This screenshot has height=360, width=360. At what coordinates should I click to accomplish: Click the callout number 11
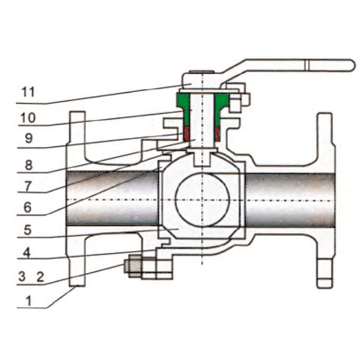[x=28, y=92]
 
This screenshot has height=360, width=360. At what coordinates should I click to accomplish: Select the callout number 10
[x=28, y=118]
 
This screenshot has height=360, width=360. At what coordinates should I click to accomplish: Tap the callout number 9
[x=28, y=138]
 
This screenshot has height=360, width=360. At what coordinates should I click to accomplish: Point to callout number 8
[x=28, y=165]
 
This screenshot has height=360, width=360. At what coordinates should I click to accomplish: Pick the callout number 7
[x=28, y=186]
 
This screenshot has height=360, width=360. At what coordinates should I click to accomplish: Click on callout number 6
[x=27, y=207]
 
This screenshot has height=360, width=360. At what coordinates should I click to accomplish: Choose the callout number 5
[x=27, y=230]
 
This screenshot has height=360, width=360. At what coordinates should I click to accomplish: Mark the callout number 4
[x=27, y=253]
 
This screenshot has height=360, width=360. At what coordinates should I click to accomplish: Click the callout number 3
[x=22, y=276]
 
